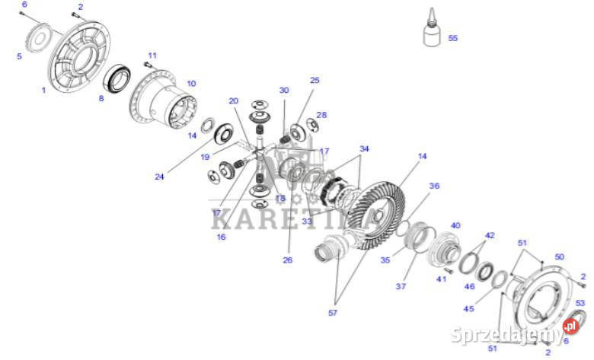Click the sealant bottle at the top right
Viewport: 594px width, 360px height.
(432, 32)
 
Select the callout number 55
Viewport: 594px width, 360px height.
(453, 37)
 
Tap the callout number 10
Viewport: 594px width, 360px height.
(191, 84)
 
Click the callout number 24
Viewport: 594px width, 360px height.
(158, 177)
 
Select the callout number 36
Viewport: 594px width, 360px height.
(434, 186)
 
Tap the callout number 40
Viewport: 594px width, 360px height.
(455, 225)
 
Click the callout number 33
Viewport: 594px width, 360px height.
(307, 221)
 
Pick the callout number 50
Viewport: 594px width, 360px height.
(560, 257)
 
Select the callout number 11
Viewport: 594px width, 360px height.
(152, 56)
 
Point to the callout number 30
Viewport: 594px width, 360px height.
(284, 90)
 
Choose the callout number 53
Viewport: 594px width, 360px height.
(580, 303)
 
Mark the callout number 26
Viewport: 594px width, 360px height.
(287, 260)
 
